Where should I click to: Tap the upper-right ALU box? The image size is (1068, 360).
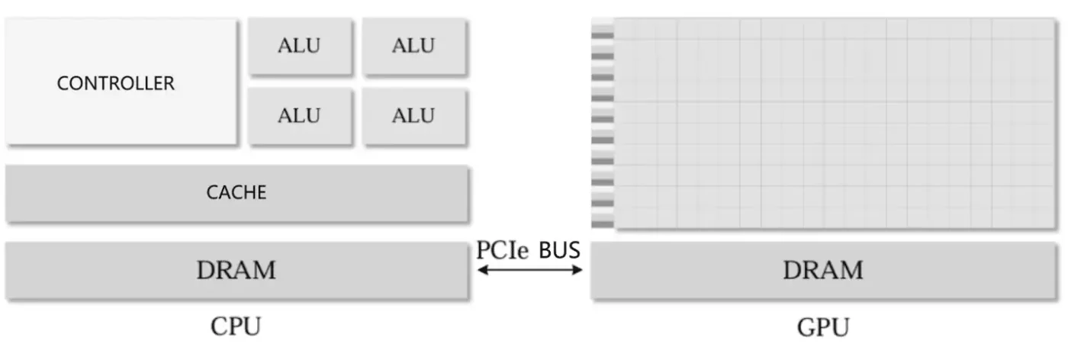click(414, 47)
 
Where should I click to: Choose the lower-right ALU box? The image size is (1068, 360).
click(414, 117)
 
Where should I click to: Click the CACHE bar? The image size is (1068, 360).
click(236, 194)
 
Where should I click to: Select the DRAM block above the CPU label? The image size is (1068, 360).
click(236, 271)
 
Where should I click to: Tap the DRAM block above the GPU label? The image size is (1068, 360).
click(822, 271)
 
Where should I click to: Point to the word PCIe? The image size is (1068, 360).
click(502, 250)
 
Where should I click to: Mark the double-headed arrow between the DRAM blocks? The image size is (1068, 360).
click(529, 270)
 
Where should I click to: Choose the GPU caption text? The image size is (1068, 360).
click(822, 328)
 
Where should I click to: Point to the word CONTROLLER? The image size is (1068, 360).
click(116, 83)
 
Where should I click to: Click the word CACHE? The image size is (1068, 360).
click(236, 193)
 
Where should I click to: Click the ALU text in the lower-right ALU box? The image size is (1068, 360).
click(413, 116)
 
